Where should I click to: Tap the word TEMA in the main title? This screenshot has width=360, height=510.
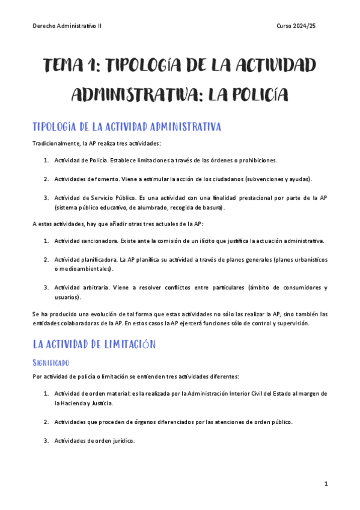[69, 65]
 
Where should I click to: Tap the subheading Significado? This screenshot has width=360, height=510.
[51, 363]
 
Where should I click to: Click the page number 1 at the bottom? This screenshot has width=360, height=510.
[325, 484]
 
